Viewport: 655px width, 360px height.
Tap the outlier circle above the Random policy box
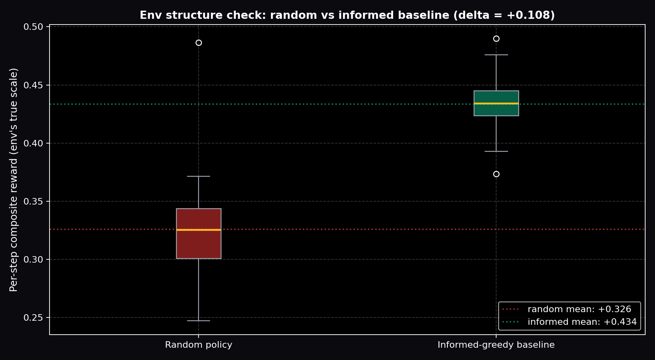(199, 43)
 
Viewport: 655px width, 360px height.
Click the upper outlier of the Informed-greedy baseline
(496, 39)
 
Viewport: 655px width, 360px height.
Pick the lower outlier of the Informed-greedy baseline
(496, 174)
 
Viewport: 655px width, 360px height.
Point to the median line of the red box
(199, 230)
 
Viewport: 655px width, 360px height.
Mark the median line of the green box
(496, 103)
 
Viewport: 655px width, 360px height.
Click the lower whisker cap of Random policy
(199, 321)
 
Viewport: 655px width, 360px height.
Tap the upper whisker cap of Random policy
(199, 176)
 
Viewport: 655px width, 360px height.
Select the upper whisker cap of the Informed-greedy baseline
(496, 55)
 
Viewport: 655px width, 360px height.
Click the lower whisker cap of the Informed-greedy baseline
(496, 151)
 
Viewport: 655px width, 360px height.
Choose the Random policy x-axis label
(199, 345)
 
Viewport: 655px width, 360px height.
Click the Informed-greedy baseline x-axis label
(496, 345)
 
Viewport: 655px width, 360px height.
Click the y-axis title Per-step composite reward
(14, 180)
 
